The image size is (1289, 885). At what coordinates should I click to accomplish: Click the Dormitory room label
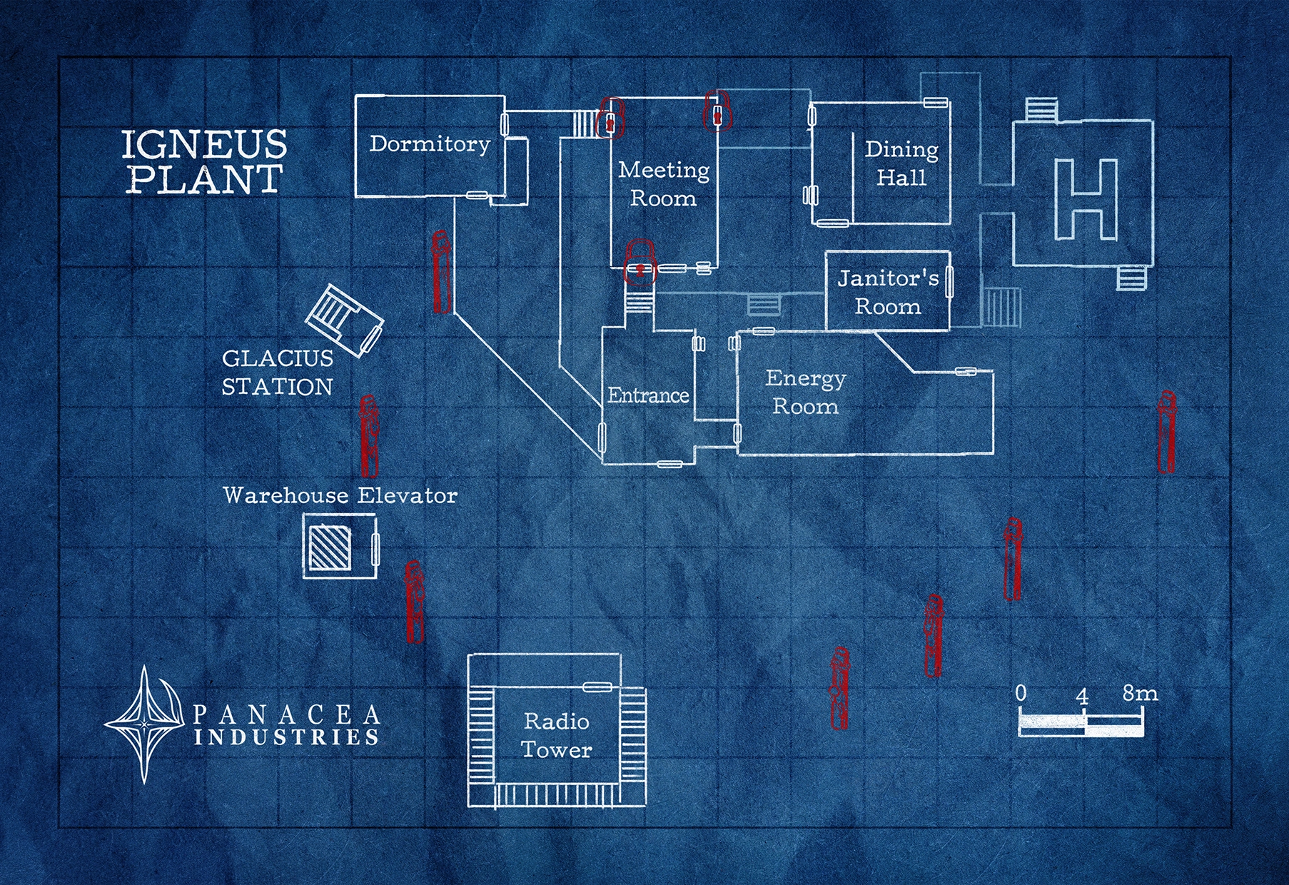(x=430, y=144)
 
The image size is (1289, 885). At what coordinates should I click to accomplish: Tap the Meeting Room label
(x=664, y=183)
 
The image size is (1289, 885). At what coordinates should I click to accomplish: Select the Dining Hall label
(x=901, y=163)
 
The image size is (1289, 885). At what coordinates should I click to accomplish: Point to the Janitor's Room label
(x=888, y=292)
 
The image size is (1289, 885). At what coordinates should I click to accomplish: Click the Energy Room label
(x=806, y=392)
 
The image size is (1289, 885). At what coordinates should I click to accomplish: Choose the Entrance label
(x=648, y=395)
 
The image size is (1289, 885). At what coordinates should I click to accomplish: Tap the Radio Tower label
(x=557, y=735)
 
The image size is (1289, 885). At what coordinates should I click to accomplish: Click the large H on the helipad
(x=1086, y=199)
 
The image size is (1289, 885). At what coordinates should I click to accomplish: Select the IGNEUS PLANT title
(x=204, y=162)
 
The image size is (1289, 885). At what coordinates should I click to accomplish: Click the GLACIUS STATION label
(x=277, y=372)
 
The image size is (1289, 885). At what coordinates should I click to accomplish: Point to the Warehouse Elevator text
(x=340, y=495)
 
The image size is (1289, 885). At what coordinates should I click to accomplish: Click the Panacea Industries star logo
(x=145, y=724)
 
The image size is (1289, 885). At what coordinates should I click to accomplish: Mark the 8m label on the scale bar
(x=1139, y=693)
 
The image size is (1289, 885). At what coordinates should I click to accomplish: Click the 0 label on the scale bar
(x=1021, y=693)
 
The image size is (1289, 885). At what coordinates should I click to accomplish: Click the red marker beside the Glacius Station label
(x=368, y=435)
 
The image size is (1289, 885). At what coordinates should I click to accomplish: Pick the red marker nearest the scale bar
(x=933, y=635)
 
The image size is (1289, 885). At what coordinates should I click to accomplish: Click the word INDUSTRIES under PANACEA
(x=285, y=737)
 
